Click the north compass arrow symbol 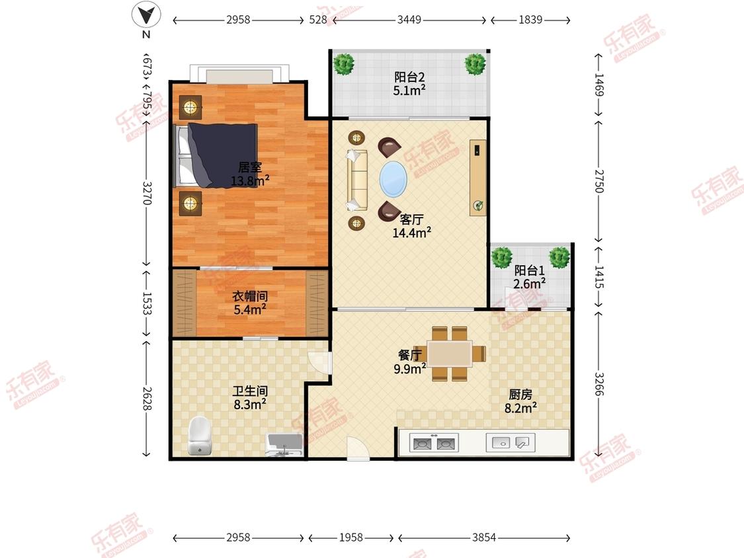146,15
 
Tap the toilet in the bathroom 199,435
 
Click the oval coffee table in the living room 393,179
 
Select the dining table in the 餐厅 449,354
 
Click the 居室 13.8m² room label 250,174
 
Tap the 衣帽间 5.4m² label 250,303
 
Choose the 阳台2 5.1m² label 409,83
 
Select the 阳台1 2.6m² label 529,277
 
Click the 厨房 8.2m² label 520,401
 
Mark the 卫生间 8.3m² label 250,397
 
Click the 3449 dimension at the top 409,19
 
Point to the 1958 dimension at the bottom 351,537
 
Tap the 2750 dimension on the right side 599,180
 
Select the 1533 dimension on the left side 147,303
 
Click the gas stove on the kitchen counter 434,443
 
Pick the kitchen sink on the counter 511,443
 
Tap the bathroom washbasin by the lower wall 284,445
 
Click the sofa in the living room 357,180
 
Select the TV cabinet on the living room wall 477,177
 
